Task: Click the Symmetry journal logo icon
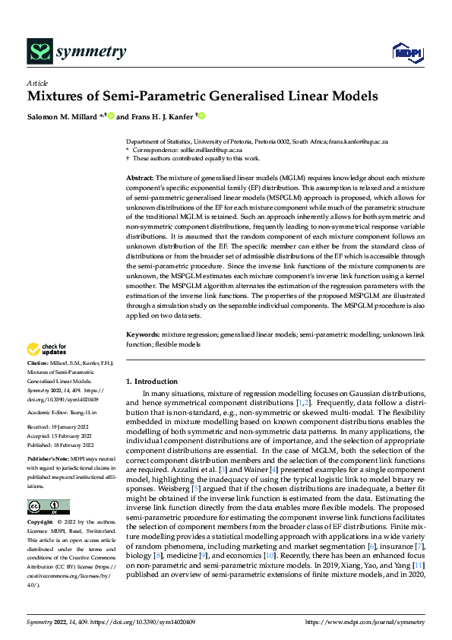click(x=38, y=52)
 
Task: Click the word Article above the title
click(x=36, y=83)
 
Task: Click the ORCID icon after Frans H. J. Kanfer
click(x=202, y=116)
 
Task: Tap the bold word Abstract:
click(x=141, y=177)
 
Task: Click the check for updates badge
click(x=47, y=350)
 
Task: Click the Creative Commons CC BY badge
click(x=48, y=506)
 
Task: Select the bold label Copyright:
click(x=43, y=524)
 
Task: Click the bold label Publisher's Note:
click(x=49, y=460)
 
